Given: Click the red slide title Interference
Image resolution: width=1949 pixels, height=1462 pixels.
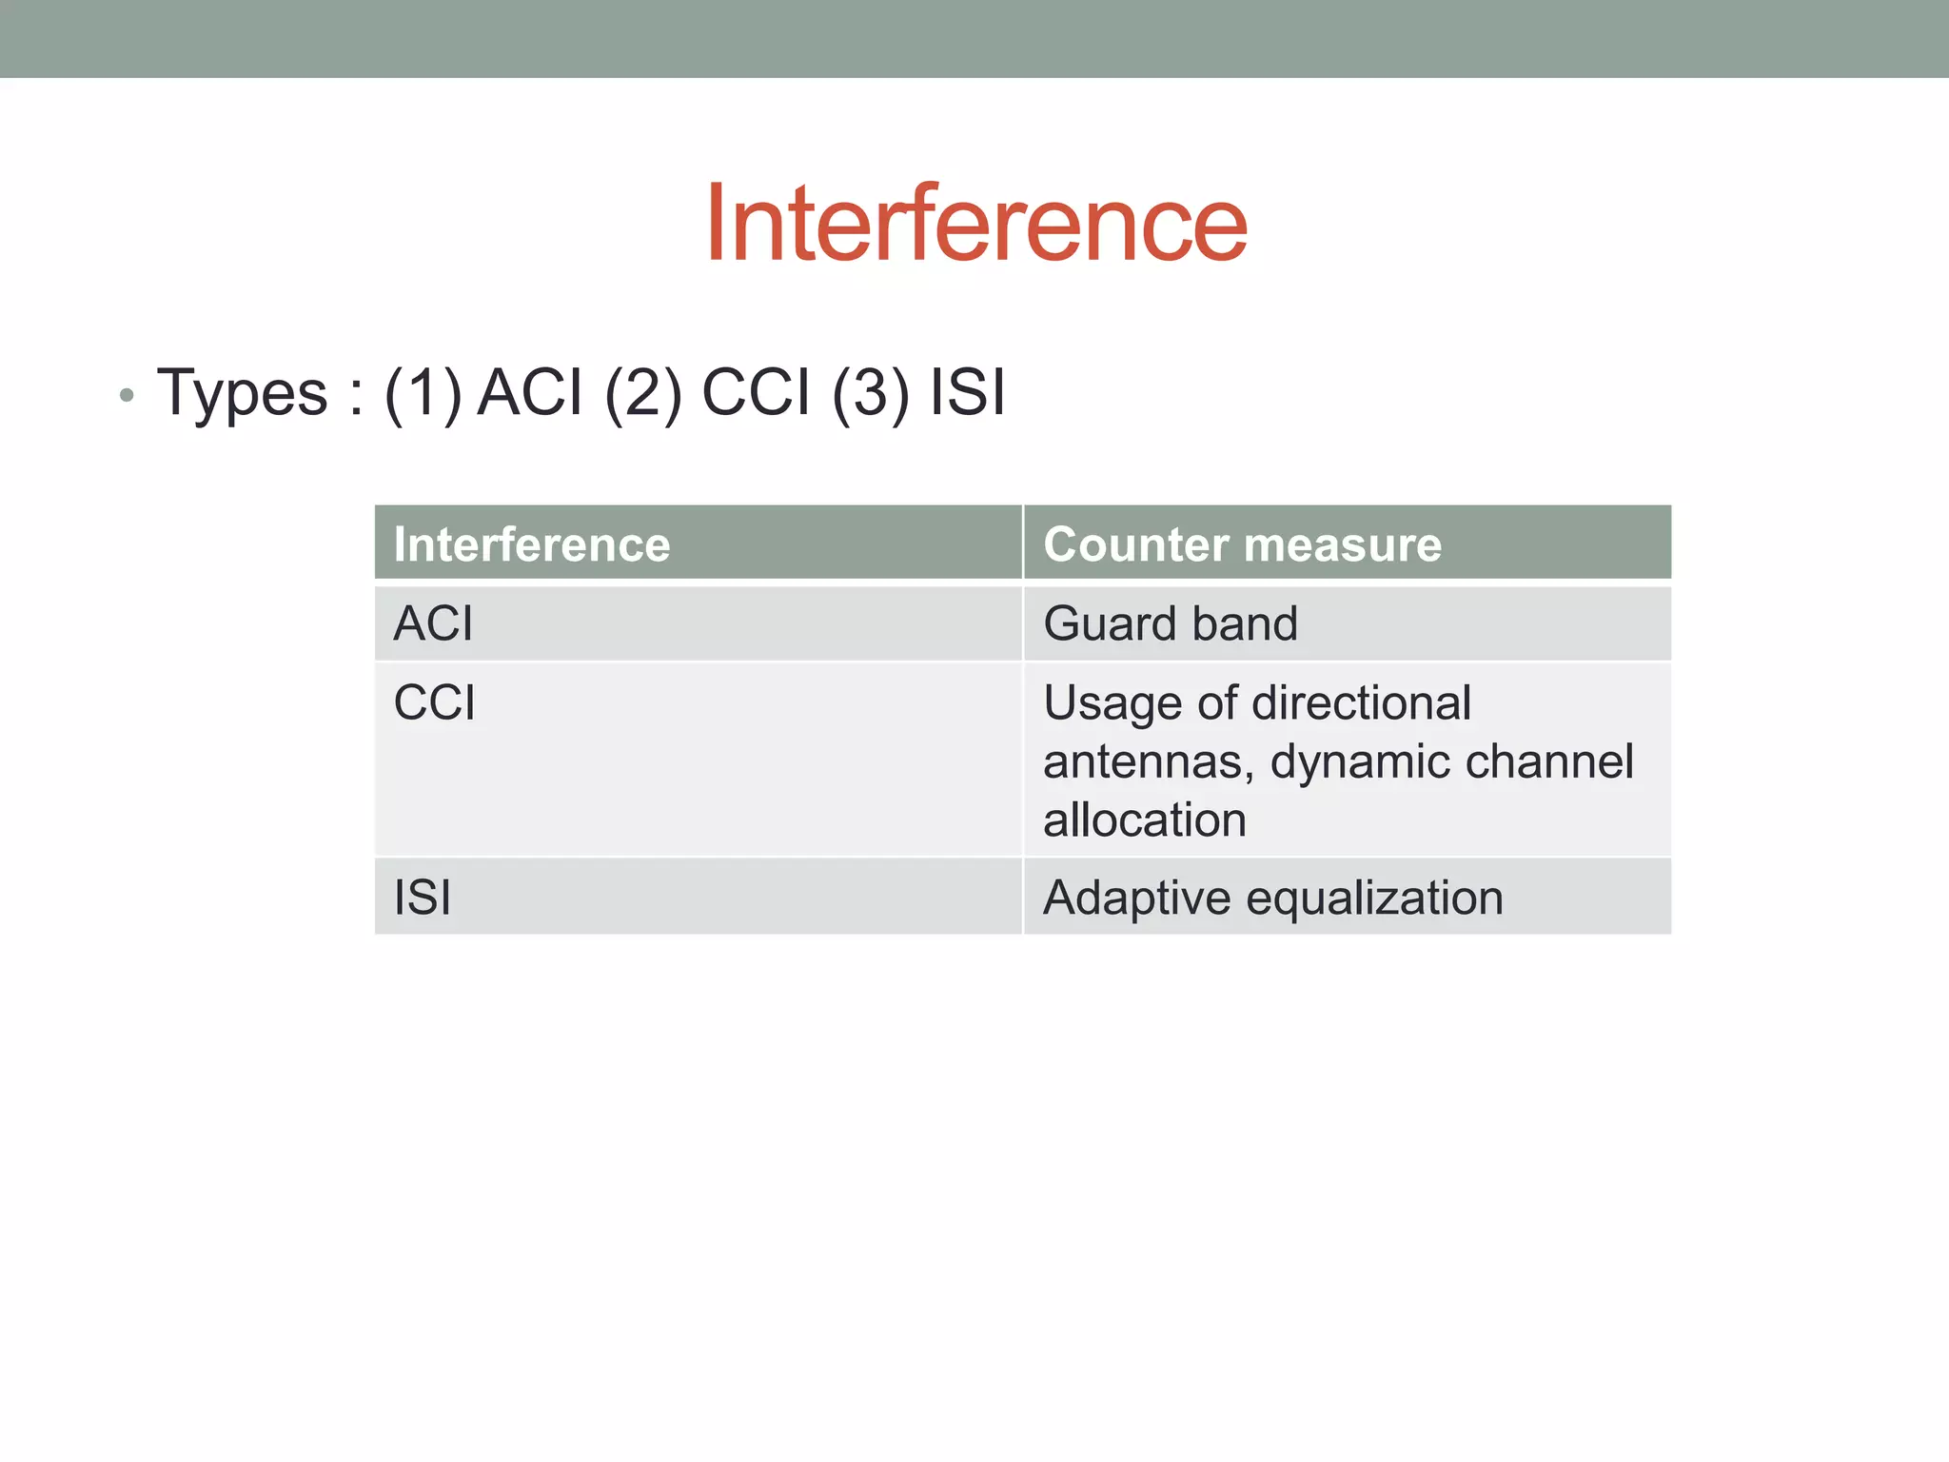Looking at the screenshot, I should [x=975, y=224].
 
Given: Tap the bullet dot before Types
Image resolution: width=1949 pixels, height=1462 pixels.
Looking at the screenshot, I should [x=127, y=394].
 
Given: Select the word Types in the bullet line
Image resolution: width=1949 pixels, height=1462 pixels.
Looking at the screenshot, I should [x=242, y=393].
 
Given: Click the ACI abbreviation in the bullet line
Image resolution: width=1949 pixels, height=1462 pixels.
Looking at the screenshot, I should [x=529, y=392].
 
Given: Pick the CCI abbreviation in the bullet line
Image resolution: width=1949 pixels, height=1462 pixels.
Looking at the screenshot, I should [x=756, y=392].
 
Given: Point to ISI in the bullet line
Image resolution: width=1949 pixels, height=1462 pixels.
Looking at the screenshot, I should [x=967, y=392].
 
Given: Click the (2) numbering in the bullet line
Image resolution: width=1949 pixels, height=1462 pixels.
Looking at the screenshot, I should [x=643, y=393].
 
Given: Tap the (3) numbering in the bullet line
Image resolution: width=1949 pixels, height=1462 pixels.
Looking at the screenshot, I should [x=870, y=393].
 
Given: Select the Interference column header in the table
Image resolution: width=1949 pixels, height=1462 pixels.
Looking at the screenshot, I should [x=532, y=544].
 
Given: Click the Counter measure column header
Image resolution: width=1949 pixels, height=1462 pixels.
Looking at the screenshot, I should [x=1242, y=544].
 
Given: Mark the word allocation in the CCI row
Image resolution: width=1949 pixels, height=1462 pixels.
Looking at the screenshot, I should [x=1145, y=820].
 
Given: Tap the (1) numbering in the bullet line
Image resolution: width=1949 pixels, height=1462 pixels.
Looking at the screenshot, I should [x=423, y=393].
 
